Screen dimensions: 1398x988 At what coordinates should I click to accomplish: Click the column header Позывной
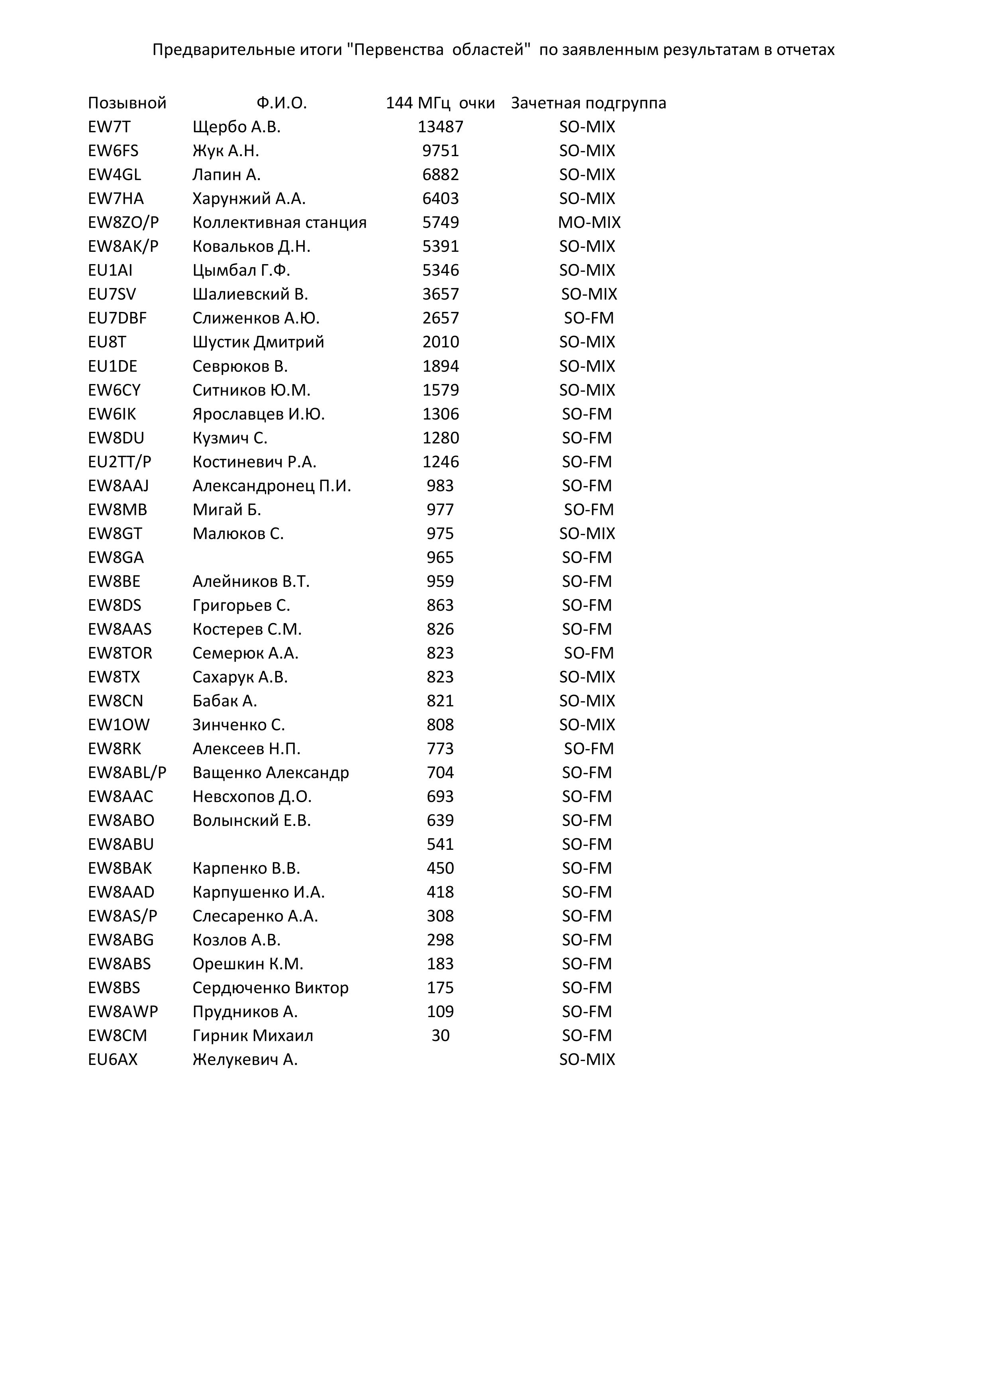[127, 103]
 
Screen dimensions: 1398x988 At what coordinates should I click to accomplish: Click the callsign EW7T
[109, 127]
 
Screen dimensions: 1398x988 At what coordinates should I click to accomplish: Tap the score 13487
[440, 127]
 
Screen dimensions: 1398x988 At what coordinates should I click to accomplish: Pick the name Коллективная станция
[279, 222]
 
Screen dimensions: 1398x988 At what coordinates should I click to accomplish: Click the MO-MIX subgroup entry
[589, 222]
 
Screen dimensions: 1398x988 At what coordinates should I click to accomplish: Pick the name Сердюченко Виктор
[270, 988]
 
